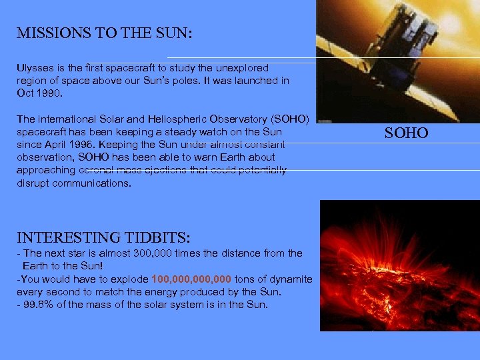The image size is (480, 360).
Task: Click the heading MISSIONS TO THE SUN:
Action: click(x=105, y=33)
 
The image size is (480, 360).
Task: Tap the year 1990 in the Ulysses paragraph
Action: click(x=49, y=93)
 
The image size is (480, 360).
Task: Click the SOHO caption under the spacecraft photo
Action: click(x=406, y=133)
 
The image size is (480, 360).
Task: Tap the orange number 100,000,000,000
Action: click(x=192, y=279)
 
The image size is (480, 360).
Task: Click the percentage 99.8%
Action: click(x=38, y=305)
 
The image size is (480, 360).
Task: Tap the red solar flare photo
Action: click(x=399, y=267)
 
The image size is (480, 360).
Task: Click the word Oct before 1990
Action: click(x=25, y=93)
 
